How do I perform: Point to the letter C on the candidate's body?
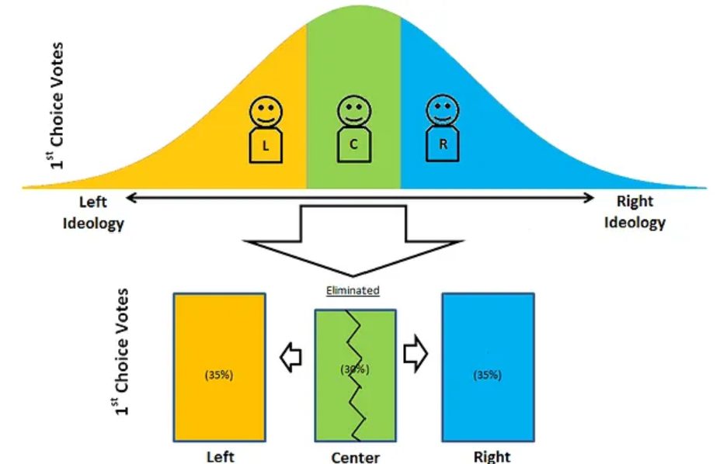(353, 146)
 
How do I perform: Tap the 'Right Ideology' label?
(635, 212)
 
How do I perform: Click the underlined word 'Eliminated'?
(353, 291)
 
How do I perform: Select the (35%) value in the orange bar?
(219, 375)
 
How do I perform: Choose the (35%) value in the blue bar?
(487, 375)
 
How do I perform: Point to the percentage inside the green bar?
(353, 369)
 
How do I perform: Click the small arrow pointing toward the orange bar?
(290, 357)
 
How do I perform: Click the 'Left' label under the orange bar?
(220, 456)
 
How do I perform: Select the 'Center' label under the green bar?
(355, 457)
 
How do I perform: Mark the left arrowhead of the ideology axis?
(131, 199)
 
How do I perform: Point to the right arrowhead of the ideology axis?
(590, 199)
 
